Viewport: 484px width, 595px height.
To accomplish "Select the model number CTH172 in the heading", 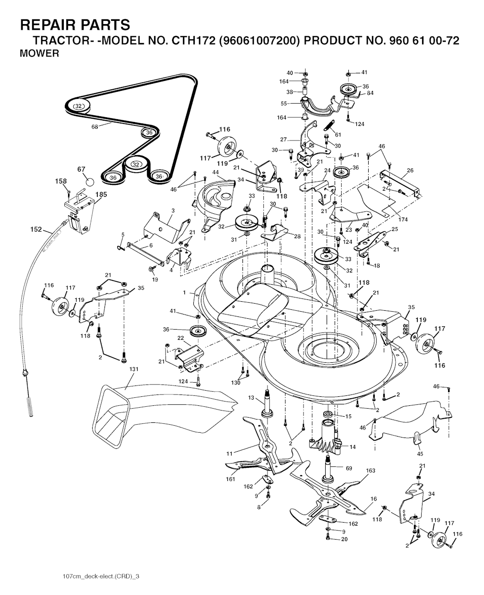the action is pos(193,41).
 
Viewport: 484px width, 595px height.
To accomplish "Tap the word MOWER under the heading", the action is pos(39,53).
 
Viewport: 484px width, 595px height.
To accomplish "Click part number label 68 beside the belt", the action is pos(95,127).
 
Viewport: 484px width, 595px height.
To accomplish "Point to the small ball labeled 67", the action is pos(90,182).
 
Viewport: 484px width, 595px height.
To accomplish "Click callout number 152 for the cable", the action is pos(36,229).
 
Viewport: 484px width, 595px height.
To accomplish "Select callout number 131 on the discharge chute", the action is pos(134,369).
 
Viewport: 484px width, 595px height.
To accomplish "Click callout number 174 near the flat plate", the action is pos(403,220).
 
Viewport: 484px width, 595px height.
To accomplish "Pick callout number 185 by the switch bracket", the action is pos(101,194).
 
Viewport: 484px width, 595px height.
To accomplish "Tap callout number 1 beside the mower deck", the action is pos(184,292).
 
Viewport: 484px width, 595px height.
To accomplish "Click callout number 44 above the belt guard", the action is pos(216,172).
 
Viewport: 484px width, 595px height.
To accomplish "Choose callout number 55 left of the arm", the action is pos(284,104).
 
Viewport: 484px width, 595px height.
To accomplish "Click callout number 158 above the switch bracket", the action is pos(61,181).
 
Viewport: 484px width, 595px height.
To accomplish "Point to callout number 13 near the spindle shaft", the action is pos(251,397).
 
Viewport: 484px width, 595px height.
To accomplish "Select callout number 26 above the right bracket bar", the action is pos(410,170).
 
